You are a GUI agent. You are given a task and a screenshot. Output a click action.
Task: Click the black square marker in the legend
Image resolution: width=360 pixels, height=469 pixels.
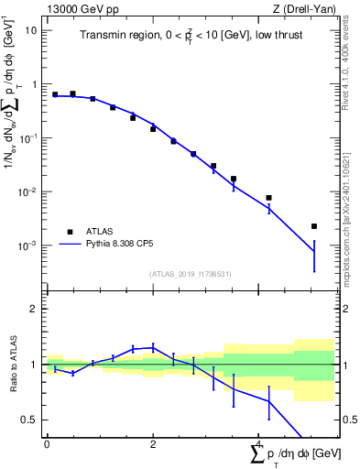pyautogui.click(x=70, y=232)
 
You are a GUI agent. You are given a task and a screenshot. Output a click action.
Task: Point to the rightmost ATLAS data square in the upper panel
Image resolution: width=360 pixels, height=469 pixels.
pyautogui.click(x=314, y=226)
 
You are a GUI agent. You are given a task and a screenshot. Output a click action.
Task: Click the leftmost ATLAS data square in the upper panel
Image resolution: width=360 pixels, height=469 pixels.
pyautogui.click(x=55, y=94)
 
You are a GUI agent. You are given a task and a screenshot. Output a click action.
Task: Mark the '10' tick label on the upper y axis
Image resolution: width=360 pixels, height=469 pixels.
pyautogui.click(x=30, y=30)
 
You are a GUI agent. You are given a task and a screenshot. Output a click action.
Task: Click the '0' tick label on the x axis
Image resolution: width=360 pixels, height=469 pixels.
pyautogui.click(x=47, y=444)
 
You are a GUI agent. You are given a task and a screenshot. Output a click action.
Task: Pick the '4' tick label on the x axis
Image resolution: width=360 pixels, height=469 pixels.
pyautogui.click(x=259, y=444)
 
